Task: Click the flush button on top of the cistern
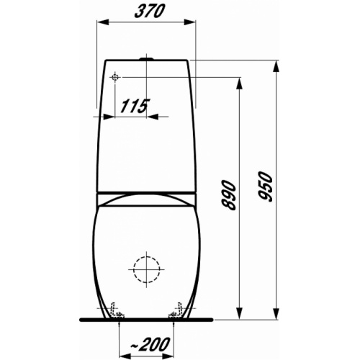148,57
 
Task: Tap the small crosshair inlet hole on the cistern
115,76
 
